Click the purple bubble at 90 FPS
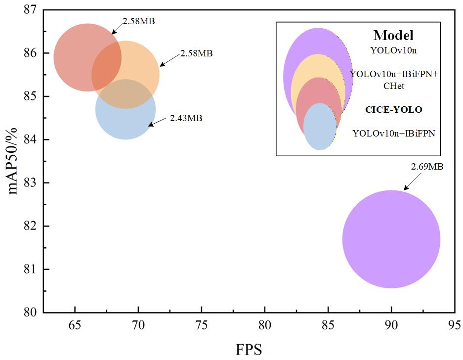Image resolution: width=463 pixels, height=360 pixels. (391, 239)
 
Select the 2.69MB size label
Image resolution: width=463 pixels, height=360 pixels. (427, 167)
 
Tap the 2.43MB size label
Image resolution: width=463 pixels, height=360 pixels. (186, 118)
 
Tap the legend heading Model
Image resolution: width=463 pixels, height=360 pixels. (393, 36)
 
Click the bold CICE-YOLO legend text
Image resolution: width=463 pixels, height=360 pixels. (393, 110)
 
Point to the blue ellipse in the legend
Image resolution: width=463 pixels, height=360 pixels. (320, 127)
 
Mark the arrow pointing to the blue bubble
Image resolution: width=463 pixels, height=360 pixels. (158, 122)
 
